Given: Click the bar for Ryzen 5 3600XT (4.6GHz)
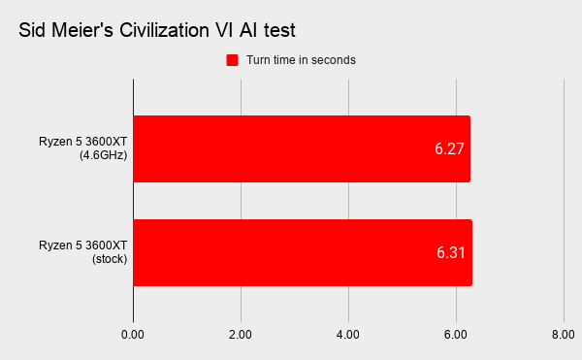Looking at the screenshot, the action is (302, 148).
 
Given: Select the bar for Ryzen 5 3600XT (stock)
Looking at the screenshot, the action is (303, 252).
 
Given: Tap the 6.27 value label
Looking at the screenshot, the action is (449, 148).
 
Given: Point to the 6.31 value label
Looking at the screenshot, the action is (451, 252).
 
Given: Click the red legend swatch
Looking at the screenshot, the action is (233, 60).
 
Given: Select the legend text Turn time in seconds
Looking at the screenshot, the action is (301, 60).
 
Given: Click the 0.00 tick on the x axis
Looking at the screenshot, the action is (133, 335).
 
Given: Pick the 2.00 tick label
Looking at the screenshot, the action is (241, 335).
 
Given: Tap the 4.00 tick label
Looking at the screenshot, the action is (348, 335).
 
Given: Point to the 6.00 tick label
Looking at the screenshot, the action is (456, 335).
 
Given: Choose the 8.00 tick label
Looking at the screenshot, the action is (563, 335).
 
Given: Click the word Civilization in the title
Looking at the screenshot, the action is (164, 30).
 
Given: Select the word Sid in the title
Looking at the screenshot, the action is (32, 30).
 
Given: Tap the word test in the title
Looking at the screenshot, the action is (279, 30).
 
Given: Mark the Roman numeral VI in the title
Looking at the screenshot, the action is (224, 30).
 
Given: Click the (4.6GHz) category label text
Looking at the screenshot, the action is (103, 154).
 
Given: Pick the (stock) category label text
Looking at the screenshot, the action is (110, 259).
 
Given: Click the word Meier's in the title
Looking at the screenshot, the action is (82, 30).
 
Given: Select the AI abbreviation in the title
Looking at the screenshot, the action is (248, 30).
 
